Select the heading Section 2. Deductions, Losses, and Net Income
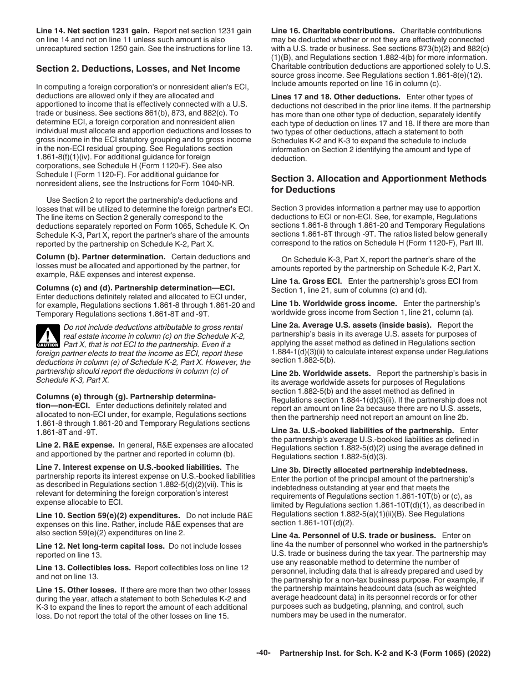coord(138,69)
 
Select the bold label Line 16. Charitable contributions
coord(332,31)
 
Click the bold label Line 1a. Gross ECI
coord(306,281)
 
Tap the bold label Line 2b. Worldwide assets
coord(321,373)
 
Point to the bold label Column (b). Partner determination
coord(100,257)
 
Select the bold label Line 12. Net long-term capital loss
coord(100,546)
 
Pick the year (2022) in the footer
coord(480,654)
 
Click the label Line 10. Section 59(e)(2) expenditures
coord(108,515)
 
